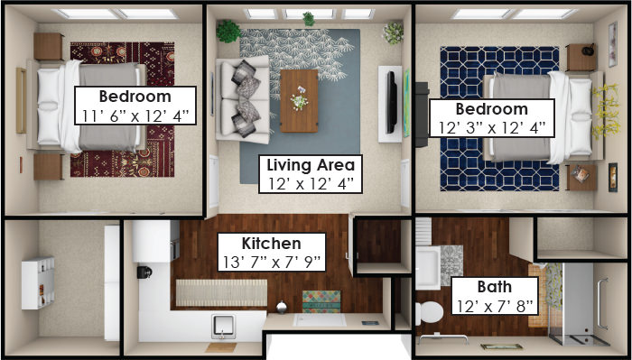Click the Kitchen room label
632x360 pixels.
(271, 244)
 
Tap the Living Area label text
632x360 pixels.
(311, 165)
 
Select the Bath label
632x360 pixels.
(495, 287)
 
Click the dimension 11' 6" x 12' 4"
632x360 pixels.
(135, 116)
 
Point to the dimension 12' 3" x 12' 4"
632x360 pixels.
(492, 128)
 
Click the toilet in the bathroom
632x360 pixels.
(429, 312)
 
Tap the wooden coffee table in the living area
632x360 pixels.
(299, 101)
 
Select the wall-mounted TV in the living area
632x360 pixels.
(391, 102)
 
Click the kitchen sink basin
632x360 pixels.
(223, 326)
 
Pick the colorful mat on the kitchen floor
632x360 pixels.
(321, 301)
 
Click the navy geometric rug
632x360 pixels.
(499, 119)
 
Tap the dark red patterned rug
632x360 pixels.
(123, 109)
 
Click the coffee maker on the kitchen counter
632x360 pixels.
(144, 272)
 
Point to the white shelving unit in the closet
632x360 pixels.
(38, 283)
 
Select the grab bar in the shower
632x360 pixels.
(602, 304)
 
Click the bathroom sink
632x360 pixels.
(428, 268)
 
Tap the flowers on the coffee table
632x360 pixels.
(299, 97)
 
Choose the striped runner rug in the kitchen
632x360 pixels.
(221, 292)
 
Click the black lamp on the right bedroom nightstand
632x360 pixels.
(588, 50)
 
